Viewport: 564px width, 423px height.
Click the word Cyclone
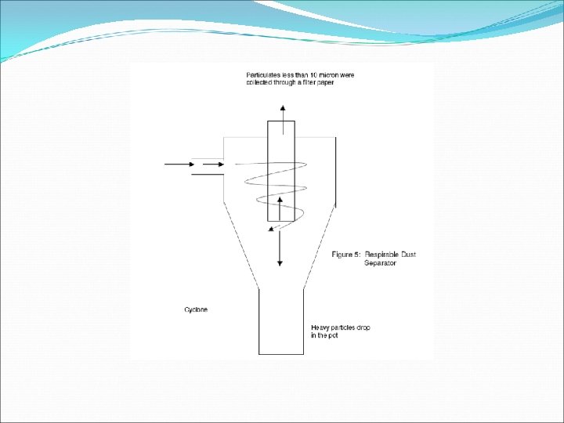(196, 309)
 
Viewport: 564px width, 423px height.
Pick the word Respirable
(383, 255)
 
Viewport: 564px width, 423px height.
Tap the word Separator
(380, 263)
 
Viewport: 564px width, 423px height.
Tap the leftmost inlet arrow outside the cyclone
(179, 164)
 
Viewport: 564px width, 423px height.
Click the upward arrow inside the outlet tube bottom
(280, 208)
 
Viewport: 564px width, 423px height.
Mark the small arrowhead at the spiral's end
(272, 229)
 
